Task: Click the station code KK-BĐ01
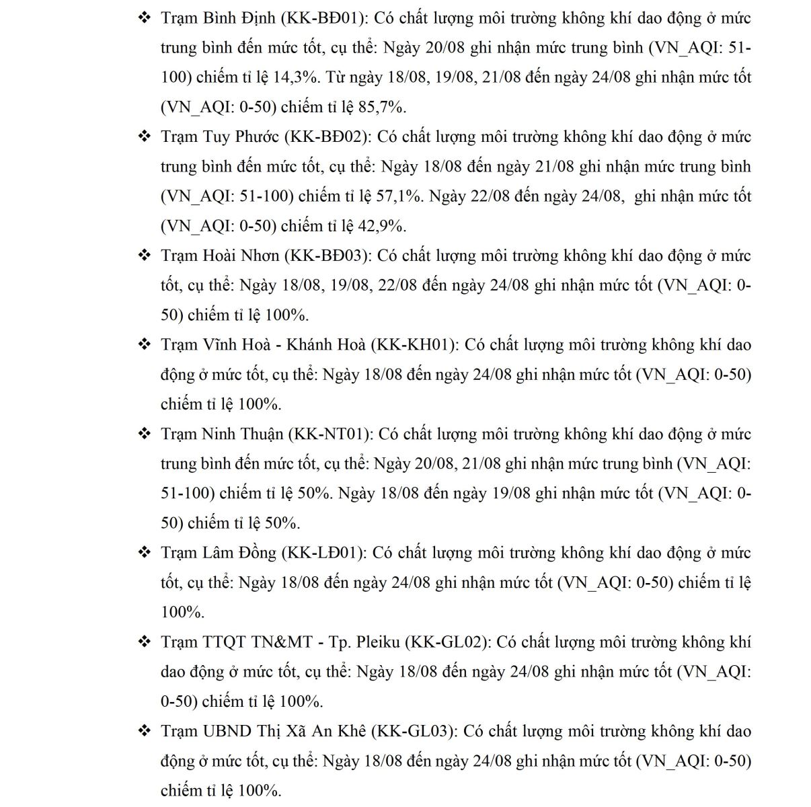pyautogui.click(x=324, y=17)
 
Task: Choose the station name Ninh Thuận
pyautogui.click(x=242, y=434)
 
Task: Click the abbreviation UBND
pyautogui.click(x=227, y=731)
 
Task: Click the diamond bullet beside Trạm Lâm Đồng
pyautogui.click(x=144, y=553)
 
